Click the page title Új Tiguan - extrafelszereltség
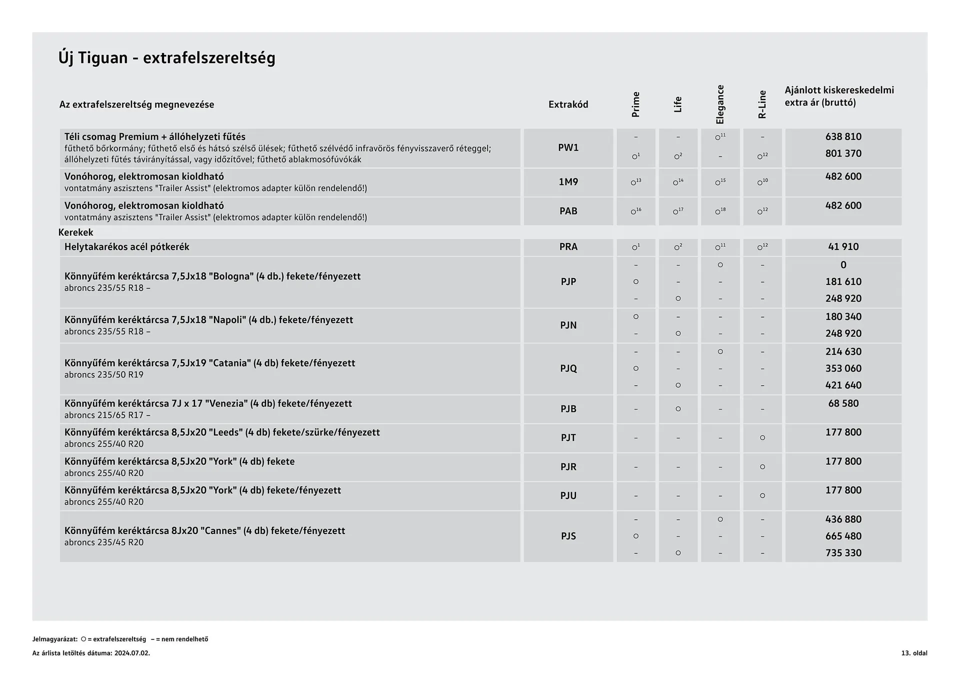pos(166,58)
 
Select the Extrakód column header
pos(568,104)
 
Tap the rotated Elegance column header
pos(720,104)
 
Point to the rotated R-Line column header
pos(762,104)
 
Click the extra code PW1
pos(568,147)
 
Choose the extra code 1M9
pos(568,182)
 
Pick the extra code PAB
pos(568,211)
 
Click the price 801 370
pos(843,153)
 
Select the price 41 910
pos(843,246)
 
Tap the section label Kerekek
pos(75,232)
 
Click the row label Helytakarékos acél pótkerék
pos(126,246)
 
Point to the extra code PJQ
pos(568,368)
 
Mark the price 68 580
pos(843,403)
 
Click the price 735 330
pos(843,552)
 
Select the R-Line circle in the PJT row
pos(762,437)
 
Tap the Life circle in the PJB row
pos(678,408)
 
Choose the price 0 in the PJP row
pos(843,265)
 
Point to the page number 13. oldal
pos(914,653)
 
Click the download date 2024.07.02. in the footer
pos(132,653)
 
